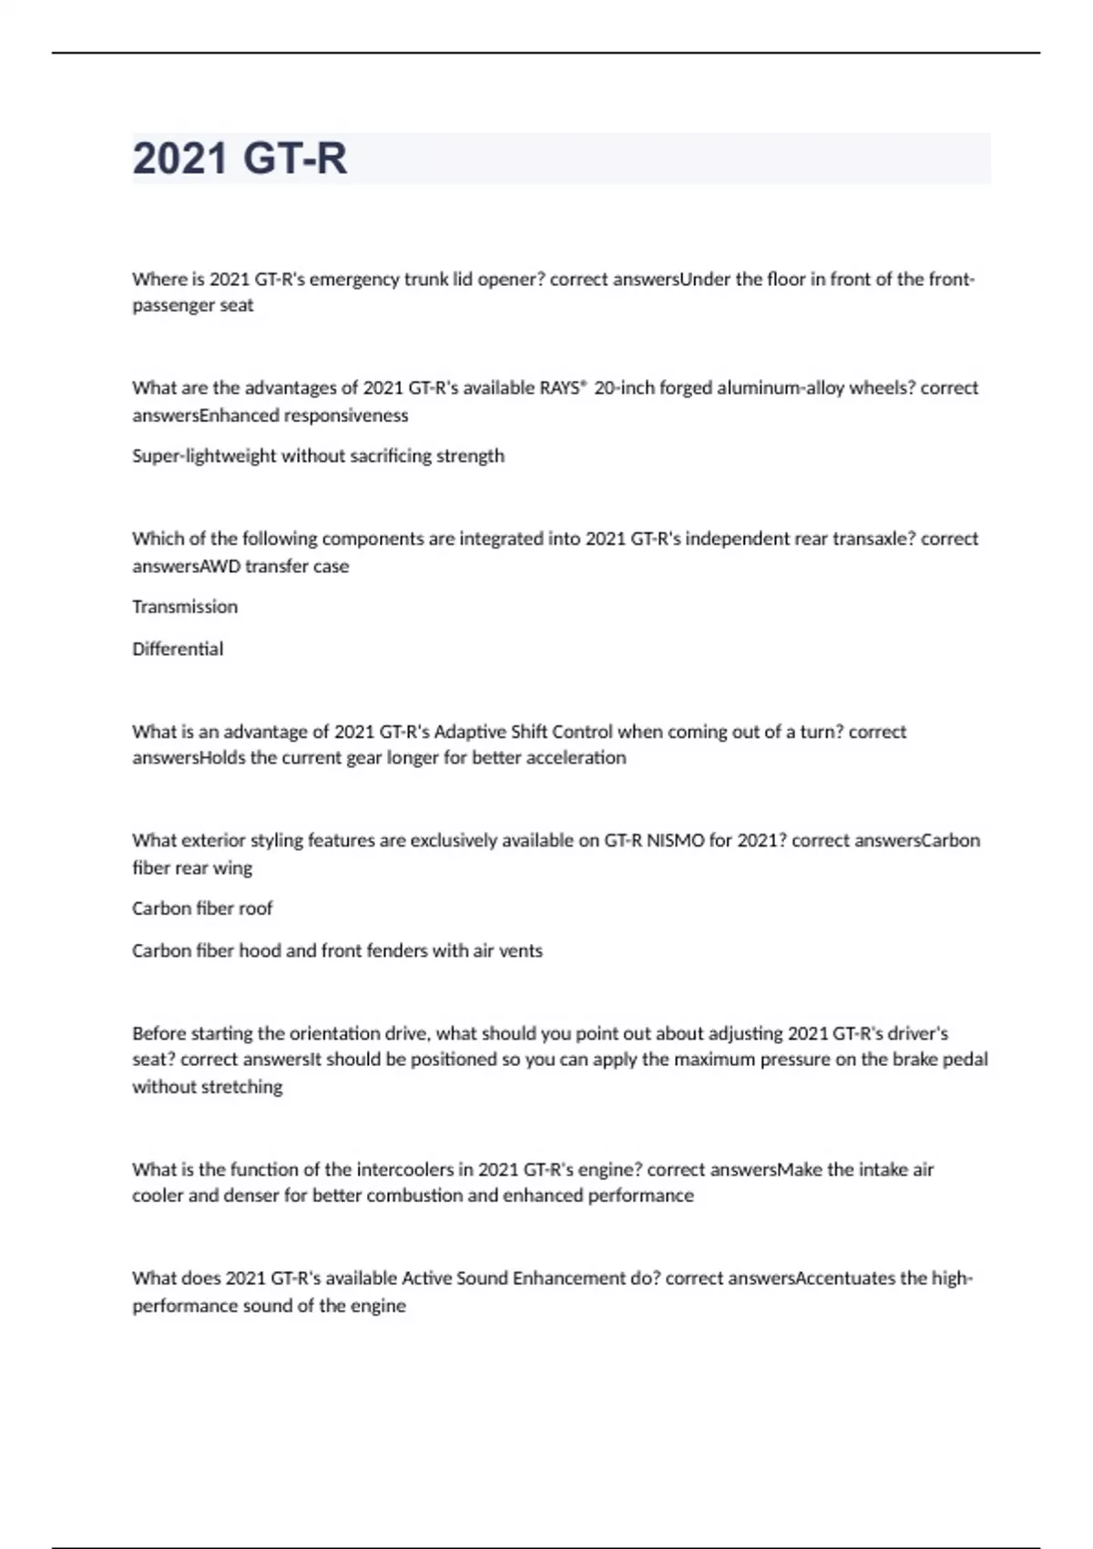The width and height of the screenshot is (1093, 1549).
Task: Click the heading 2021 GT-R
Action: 240,159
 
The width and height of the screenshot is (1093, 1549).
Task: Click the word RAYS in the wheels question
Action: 559,388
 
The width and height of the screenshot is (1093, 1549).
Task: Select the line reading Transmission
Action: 185,607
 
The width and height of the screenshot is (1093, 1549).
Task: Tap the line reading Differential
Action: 178,649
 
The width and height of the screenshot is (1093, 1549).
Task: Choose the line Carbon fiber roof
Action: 202,908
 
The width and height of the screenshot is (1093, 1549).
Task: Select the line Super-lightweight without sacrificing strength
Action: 318,456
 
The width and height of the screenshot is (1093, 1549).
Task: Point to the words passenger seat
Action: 193,305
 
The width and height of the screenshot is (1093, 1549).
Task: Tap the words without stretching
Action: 208,1086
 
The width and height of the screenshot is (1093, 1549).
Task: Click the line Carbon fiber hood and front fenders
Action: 337,950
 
